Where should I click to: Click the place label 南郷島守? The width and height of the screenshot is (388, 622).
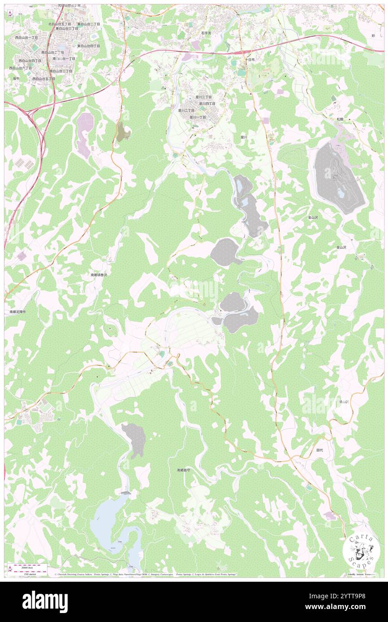coord(186,470)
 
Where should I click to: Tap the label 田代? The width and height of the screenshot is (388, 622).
coord(319,450)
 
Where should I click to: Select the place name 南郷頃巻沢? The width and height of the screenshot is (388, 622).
coord(99,275)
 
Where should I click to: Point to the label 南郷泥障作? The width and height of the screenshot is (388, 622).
coord(18,311)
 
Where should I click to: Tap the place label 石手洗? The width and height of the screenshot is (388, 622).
coord(206,33)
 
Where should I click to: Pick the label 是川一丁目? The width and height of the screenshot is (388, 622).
coord(198,117)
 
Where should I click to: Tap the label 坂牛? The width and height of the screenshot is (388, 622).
coord(17,78)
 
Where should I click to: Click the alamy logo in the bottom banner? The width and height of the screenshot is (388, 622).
coord(45,601)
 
